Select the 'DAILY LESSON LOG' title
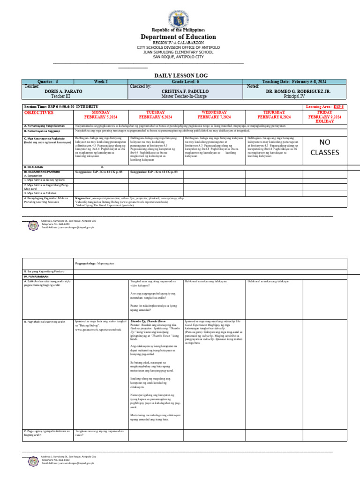pos(181,75)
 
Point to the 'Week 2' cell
pos(101,82)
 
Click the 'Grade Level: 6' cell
pos(186,82)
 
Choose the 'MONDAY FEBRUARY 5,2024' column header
pos(101,115)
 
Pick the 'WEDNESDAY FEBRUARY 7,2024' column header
pos(214,115)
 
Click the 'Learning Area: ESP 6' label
pos(324,107)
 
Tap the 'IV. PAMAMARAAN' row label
pos(36,277)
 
